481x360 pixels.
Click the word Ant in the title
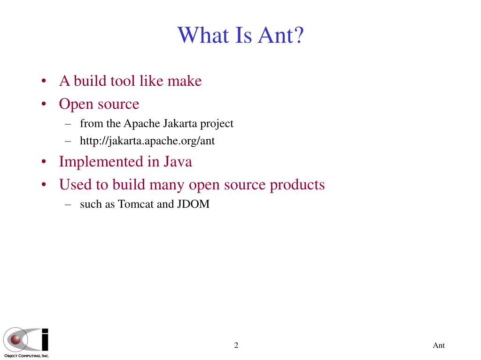click(276, 35)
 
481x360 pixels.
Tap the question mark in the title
click(299, 35)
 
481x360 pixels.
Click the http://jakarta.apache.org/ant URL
click(147, 141)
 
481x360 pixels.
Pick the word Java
click(178, 162)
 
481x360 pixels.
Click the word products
click(297, 185)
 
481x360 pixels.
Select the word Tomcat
click(136, 204)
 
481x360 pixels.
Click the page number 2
click(236, 345)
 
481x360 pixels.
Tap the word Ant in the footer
click(439, 345)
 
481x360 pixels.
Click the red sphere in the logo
click(16, 339)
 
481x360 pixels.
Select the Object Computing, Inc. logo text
click(26, 356)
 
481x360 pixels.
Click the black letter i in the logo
click(45, 339)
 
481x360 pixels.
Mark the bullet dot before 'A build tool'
click(44, 81)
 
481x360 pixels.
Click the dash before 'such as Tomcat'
click(68, 204)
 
